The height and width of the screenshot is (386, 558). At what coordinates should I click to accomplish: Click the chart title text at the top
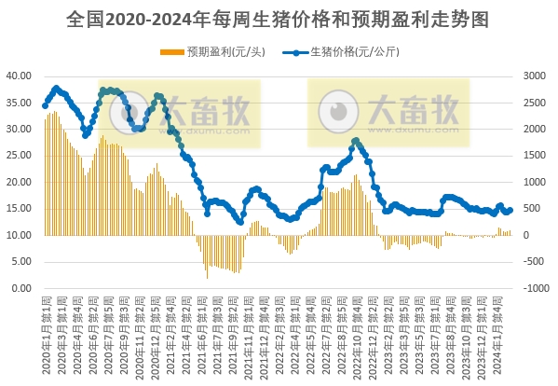(279, 18)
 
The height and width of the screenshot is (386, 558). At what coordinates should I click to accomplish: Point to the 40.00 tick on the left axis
(20, 76)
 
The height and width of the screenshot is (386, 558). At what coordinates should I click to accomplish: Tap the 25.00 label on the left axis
(20, 156)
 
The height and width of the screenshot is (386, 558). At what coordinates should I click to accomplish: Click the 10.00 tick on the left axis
(20, 235)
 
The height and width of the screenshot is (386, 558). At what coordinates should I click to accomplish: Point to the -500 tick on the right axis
(535, 262)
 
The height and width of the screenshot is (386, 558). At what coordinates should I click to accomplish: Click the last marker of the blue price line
(510, 210)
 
